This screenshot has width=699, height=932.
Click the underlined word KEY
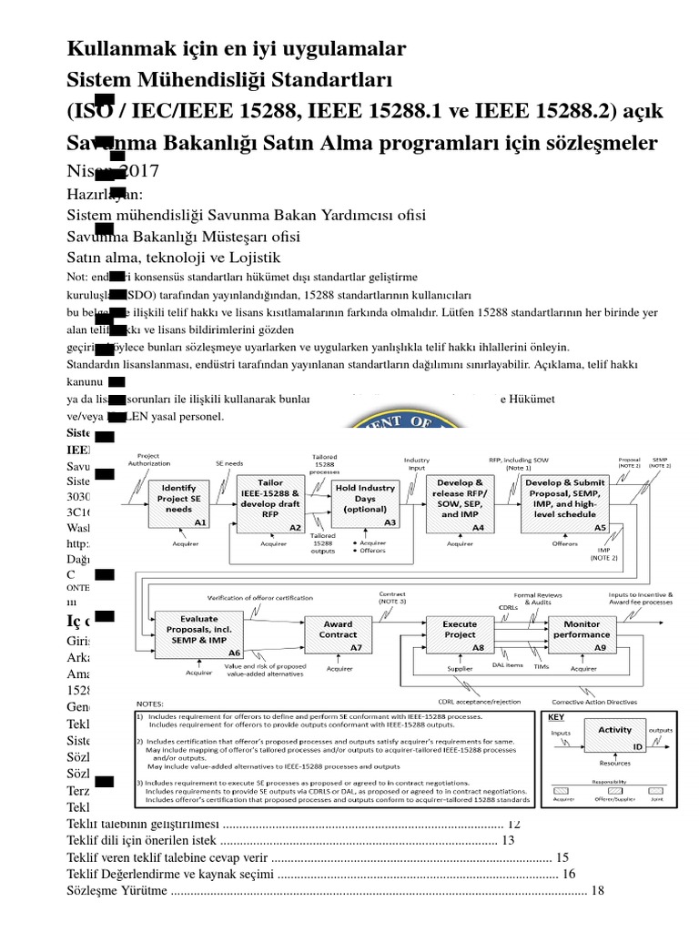[556, 717]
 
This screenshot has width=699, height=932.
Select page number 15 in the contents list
[562, 857]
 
